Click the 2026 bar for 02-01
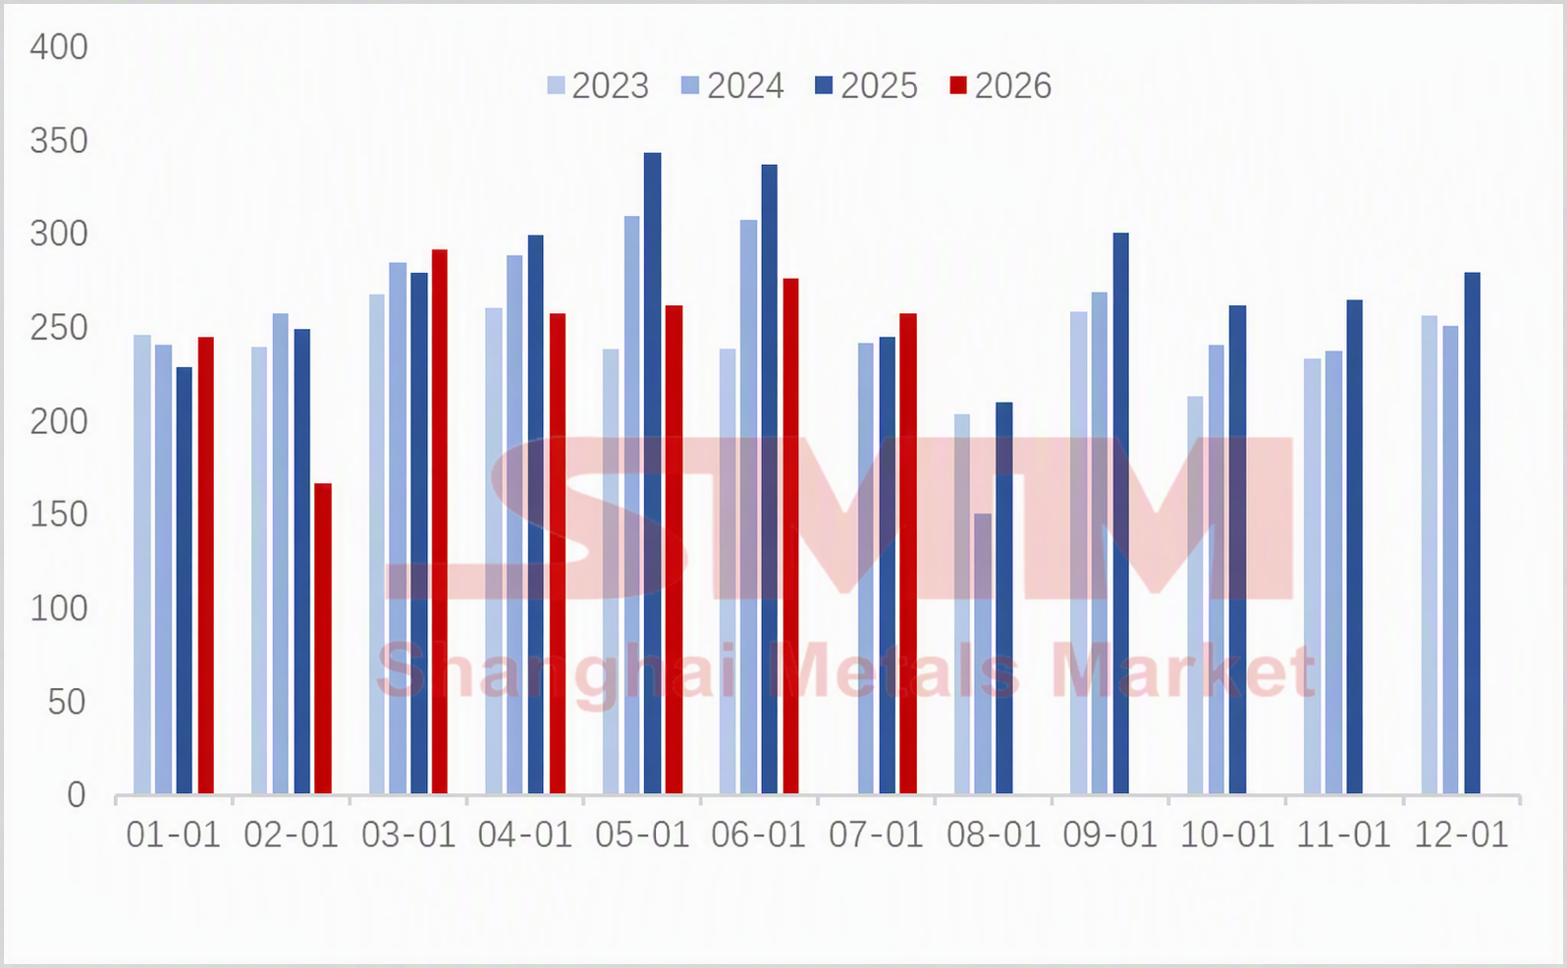322,638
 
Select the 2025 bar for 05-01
652,473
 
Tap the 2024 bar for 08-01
983,654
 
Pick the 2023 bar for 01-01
142,565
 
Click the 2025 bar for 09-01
1120,513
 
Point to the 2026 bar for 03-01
439,521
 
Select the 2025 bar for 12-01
1472,533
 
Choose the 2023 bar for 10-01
1195,595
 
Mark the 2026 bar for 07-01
908,554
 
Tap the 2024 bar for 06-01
748,508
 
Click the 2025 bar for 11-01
1354,547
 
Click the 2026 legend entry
1000,86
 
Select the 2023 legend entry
598,86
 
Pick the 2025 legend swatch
824,85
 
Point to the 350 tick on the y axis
59,140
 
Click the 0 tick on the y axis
77,795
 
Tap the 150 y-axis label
59,514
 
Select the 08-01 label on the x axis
994,835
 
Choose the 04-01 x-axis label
524,835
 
